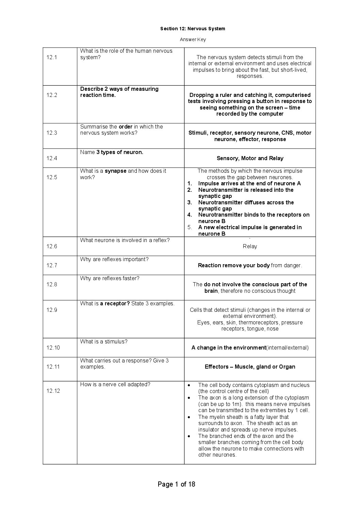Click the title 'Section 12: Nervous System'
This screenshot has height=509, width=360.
pos(193,29)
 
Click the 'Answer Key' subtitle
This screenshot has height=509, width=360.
pos(193,39)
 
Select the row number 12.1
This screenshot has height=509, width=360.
pos(52,57)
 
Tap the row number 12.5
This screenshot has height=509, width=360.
pos(52,177)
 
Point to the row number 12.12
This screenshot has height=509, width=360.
pos(53,391)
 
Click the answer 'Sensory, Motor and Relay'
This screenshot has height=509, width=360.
pos(250,158)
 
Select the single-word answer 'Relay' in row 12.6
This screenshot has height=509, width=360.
pos(250,246)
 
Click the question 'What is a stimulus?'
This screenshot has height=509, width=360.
pos(104,341)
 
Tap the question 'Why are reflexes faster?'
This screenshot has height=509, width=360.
pos(110,278)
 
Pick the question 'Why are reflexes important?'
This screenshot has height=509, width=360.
pos(114,259)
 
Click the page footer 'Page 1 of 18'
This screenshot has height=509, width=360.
pos(176,484)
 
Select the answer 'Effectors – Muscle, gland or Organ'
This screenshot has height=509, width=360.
pos(250,367)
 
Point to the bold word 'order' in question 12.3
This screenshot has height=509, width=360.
pos(126,126)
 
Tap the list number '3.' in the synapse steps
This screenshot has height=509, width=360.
pos(190,202)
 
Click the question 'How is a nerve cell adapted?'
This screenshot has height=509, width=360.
pos(115,384)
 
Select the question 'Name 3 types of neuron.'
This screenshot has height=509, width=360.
pos(112,152)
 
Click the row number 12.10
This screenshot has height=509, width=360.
pos(53,347)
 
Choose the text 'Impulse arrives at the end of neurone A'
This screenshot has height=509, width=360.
pos(249,183)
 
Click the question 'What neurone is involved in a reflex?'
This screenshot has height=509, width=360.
pos(125,240)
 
